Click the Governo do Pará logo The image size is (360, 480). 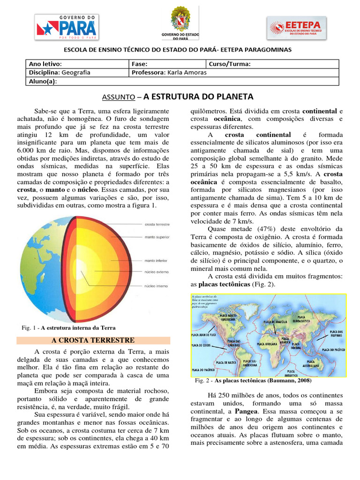click(x=66, y=27)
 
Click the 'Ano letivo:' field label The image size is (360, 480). click(x=45, y=64)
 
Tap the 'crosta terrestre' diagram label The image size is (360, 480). click(x=157, y=225)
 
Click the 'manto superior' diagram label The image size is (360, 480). click(x=157, y=237)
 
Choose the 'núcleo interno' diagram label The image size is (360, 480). click(x=157, y=285)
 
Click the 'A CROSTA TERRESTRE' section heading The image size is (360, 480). click(x=94, y=340)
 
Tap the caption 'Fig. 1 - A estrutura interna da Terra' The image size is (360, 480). click(x=68, y=328)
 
